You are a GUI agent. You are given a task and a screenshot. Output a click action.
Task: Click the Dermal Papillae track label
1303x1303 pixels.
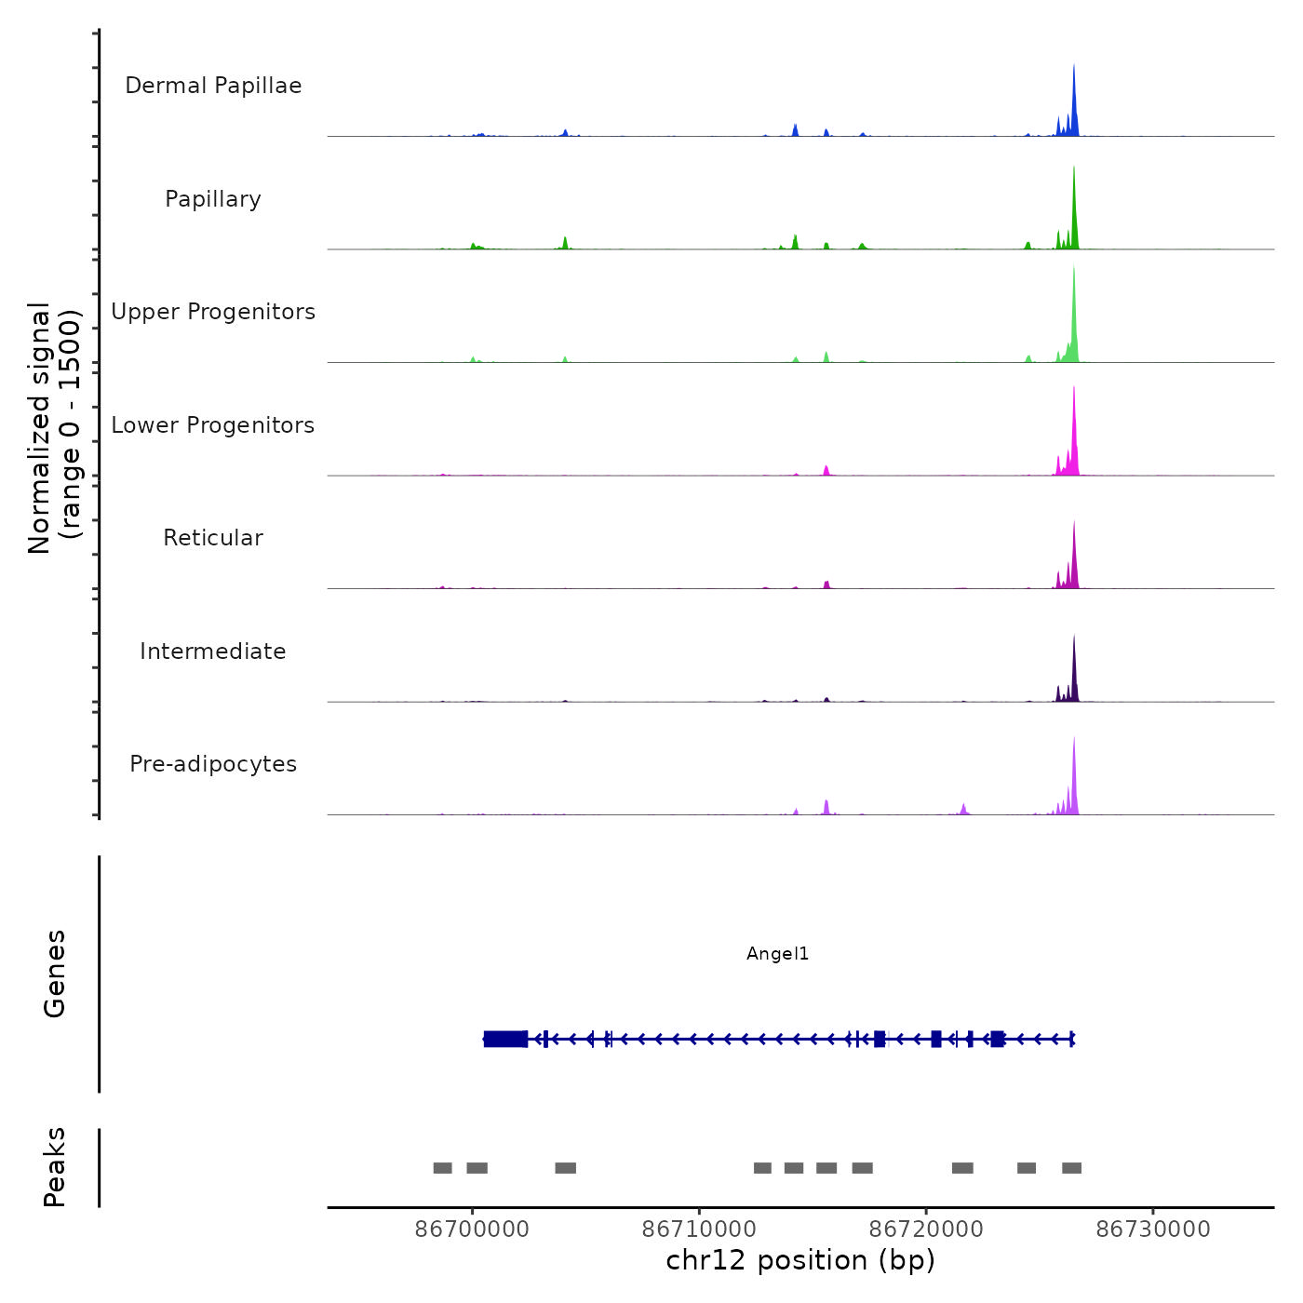213,86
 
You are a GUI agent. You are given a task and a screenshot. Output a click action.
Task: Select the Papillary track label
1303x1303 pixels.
213,199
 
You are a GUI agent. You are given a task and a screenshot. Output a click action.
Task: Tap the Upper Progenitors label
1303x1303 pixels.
213,312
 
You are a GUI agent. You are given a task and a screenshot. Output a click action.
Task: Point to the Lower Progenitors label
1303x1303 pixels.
213,425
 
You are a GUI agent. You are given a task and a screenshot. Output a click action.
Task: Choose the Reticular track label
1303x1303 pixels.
213,538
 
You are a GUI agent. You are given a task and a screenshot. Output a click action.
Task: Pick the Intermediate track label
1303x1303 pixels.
213,651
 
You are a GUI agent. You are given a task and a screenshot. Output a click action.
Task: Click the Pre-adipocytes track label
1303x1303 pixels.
213,764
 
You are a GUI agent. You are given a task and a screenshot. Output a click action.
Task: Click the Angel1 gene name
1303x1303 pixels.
778,954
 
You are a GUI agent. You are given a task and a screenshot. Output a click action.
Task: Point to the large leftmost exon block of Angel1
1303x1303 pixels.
505,1039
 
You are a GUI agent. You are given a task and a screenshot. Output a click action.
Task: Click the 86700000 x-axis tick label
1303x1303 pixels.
472,1229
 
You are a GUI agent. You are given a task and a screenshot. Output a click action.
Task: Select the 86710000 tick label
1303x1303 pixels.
699,1229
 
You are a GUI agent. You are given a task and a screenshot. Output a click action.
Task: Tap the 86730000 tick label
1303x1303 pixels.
1153,1229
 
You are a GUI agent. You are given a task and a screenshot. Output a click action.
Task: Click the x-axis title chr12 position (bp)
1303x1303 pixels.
800,1260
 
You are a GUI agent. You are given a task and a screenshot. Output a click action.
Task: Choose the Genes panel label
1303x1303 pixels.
55,974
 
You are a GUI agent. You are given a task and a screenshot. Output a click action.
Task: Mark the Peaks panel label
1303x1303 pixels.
55,1167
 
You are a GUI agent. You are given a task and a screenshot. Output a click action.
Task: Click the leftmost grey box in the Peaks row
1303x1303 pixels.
443,1168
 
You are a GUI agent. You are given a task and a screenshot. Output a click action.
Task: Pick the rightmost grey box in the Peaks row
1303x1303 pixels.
1072,1168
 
